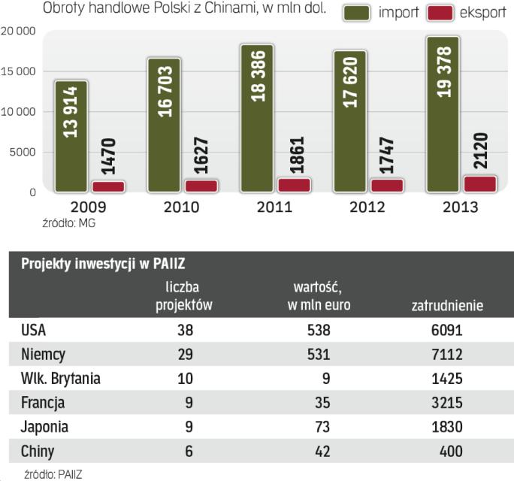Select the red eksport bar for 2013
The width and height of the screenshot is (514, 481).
[x=480, y=184]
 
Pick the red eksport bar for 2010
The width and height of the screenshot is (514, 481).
[x=201, y=186]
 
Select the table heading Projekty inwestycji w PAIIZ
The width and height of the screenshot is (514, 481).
[x=104, y=263]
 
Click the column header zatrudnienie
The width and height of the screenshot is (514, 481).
[x=447, y=305]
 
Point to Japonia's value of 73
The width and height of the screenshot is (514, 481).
[x=322, y=427]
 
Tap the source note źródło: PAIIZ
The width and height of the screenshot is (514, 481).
[x=52, y=473]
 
